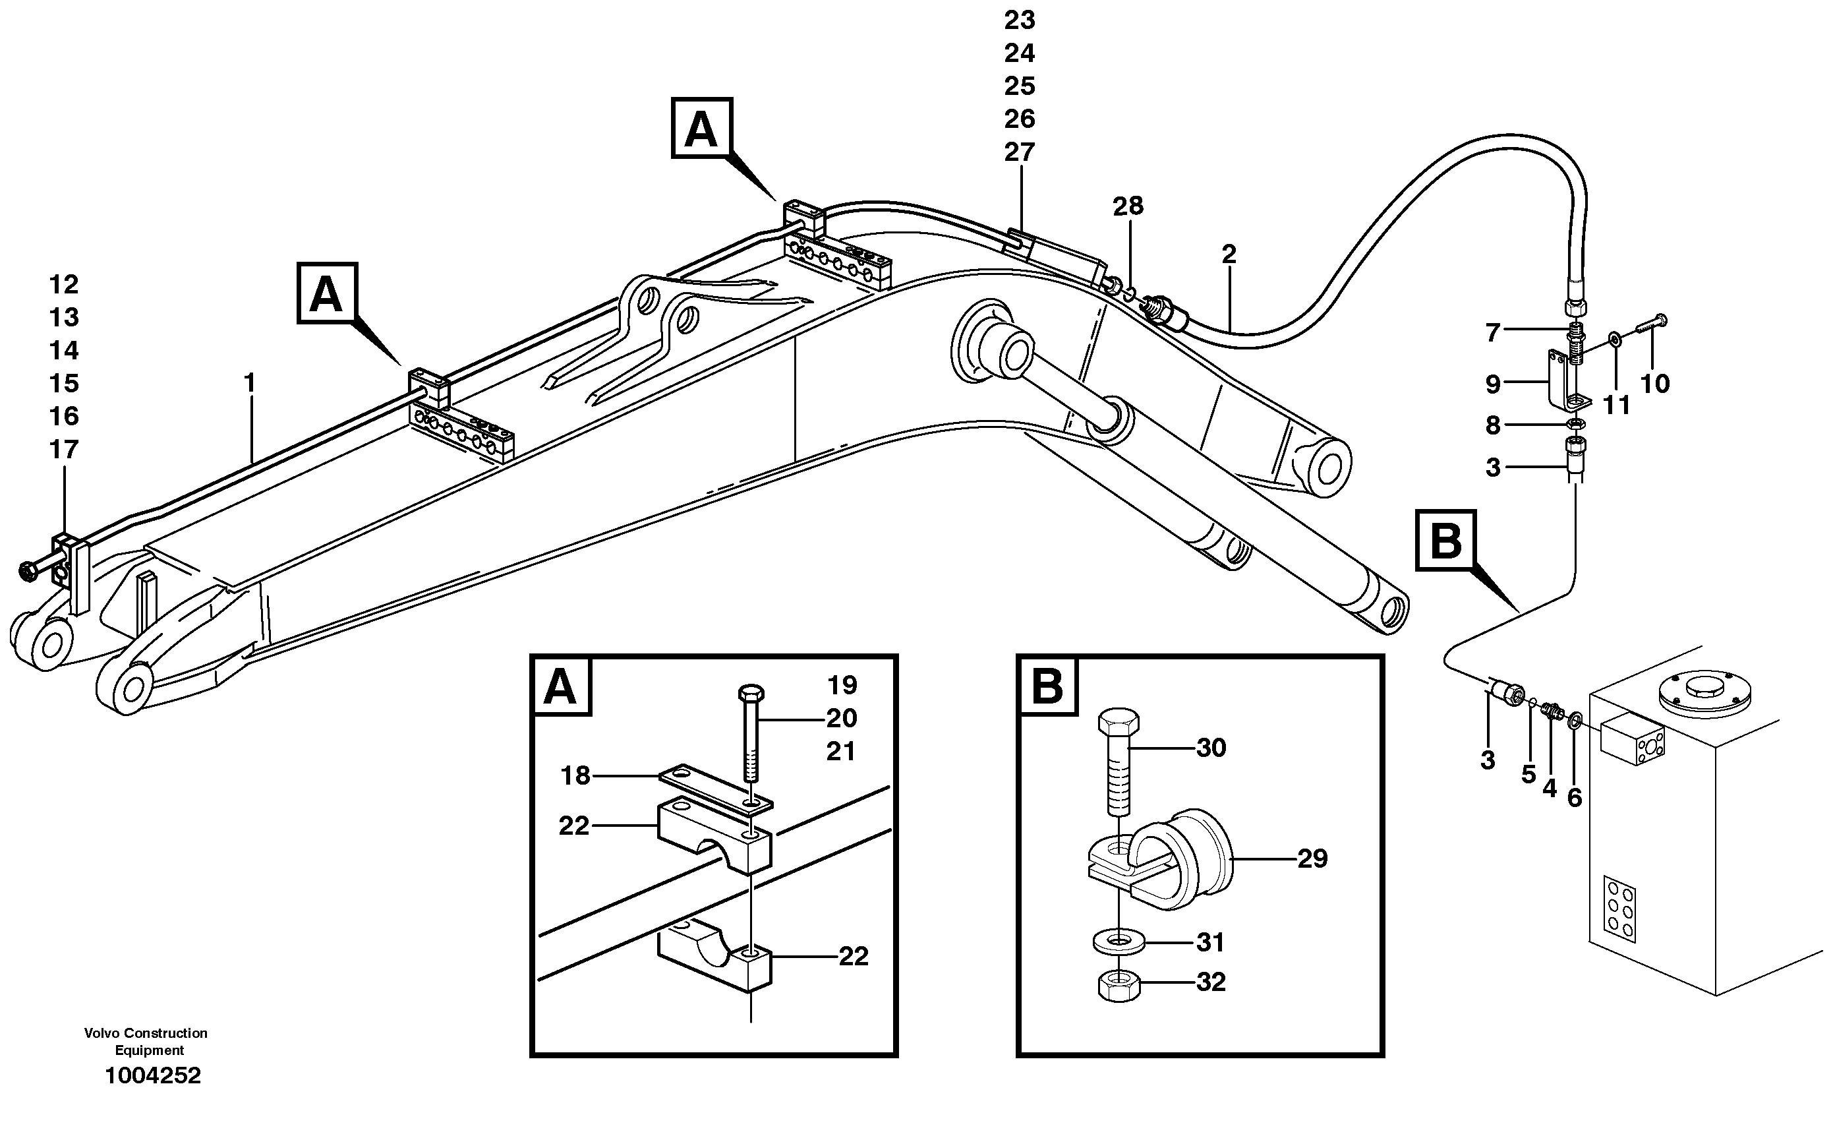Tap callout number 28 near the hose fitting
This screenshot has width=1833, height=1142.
click(1128, 206)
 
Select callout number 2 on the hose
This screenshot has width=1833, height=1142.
click(1229, 255)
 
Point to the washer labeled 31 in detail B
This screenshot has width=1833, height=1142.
click(1119, 943)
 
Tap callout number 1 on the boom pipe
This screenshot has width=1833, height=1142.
click(249, 383)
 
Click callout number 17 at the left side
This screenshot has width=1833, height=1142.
click(64, 450)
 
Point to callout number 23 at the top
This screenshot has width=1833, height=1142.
click(1019, 20)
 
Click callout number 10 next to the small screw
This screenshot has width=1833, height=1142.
click(1655, 384)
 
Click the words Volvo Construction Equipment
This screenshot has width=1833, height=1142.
click(146, 1042)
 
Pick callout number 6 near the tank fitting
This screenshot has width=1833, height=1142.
click(1575, 798)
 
